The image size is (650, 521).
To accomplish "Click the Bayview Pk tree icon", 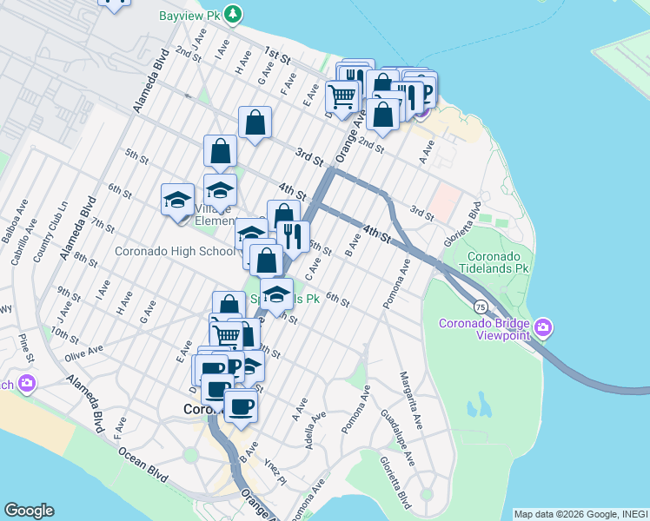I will [233, 14].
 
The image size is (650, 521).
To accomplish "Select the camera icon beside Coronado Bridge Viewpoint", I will [544, 327].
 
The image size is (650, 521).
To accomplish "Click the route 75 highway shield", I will [481, 307].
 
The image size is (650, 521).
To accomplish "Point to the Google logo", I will [29, 511].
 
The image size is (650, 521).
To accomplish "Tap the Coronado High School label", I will [174, 252].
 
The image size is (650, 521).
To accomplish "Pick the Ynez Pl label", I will [275, 469].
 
